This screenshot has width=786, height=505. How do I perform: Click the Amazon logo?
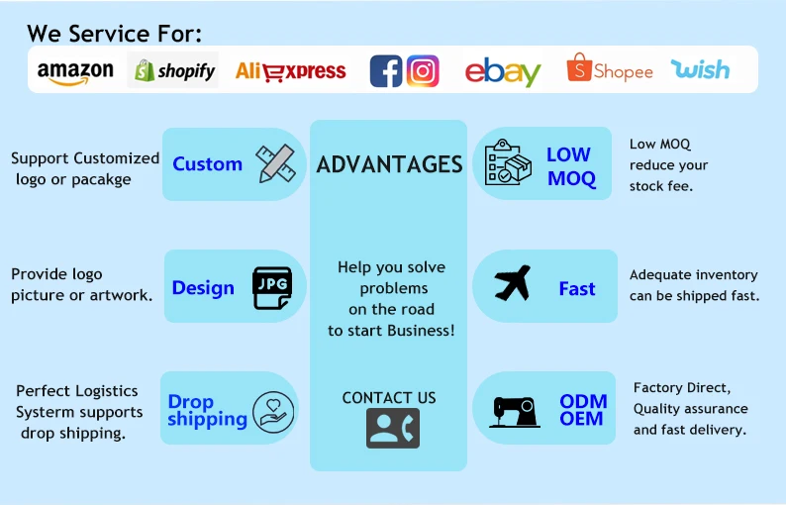coord(75,71)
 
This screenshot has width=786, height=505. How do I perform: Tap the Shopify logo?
coord(174,70)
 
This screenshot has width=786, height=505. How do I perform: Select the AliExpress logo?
coord(291,71)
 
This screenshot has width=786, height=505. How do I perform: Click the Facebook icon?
coord(386,71)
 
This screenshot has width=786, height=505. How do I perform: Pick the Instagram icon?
coord(423,70)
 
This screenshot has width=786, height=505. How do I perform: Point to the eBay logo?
coord(503,71)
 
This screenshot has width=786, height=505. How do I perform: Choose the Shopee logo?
coord(610,70)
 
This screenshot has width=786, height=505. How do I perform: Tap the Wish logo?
coord(700,69)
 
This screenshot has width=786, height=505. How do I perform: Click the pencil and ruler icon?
coord(275,163)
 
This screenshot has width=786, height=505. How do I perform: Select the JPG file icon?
coord(273,287)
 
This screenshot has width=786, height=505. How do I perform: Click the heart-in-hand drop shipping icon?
coord(272,411)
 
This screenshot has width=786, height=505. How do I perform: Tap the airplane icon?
coord(513,284)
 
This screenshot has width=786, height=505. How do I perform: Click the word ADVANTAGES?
coord(389,164)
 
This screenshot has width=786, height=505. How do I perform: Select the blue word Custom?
coord(207,164)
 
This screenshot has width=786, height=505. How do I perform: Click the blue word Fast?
coord(577,289)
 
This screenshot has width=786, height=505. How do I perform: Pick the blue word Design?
coord(203,288)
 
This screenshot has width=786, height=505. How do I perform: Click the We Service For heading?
coord(115,33)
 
